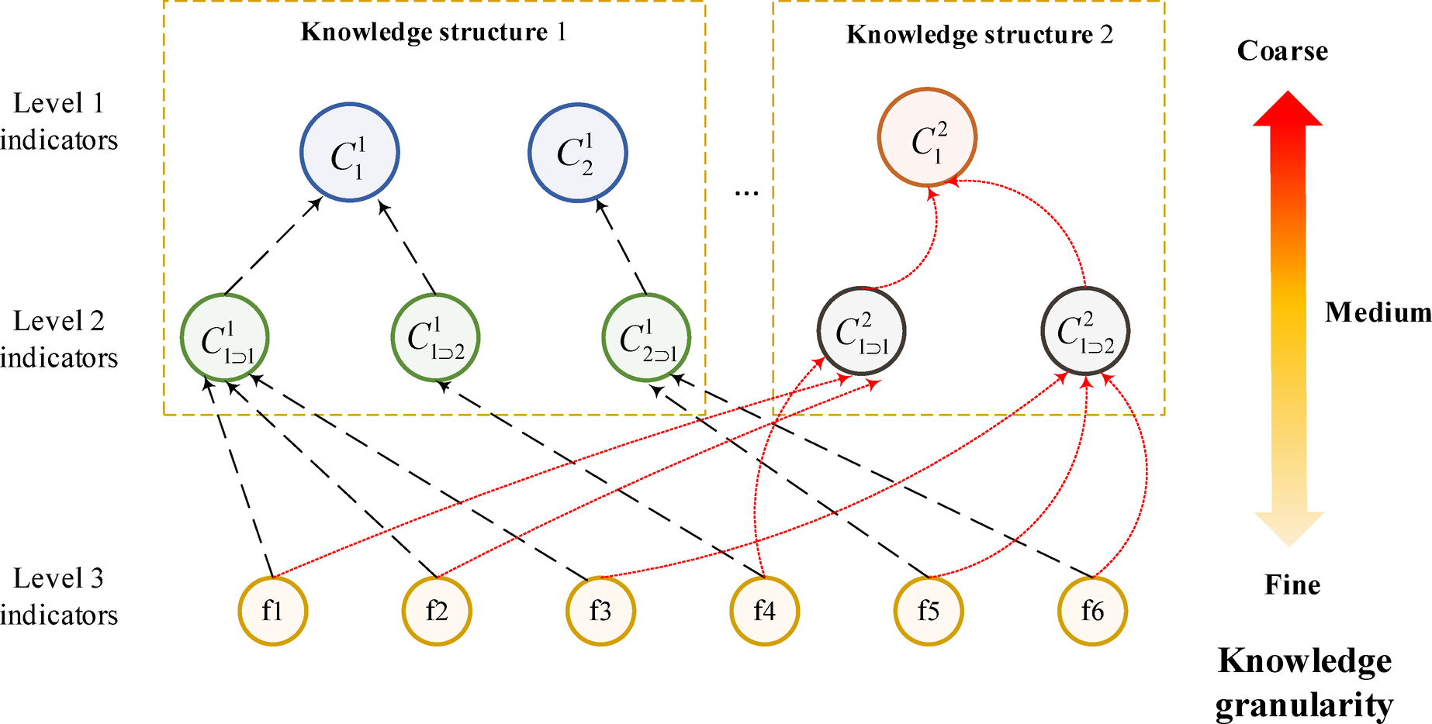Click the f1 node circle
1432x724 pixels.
coord(272,611)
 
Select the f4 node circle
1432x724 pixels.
coord(764,611)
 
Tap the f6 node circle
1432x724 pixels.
coord(1092,611)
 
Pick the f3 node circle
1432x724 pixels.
coord(600,611)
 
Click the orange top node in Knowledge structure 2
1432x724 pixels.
coord(927,137)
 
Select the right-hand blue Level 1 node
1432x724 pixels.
coord(577,153)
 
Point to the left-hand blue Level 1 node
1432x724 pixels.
coord(349,153)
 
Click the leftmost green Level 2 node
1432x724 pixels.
coord(225,338)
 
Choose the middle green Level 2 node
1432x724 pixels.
coord(435,338)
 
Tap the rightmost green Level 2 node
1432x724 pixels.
coord(646,338)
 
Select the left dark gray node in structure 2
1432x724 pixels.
coord(861,332)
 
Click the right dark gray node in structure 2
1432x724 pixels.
coord(1084,332)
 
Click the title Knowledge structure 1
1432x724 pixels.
coord(434,32)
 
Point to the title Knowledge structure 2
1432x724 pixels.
coord(979,35)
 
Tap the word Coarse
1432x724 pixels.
coord(1282,51)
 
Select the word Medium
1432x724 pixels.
coord(1378,312)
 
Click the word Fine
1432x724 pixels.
coord(1292,584)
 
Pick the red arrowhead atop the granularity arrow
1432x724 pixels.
coord(1288,109)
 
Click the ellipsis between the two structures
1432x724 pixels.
coord(746,192)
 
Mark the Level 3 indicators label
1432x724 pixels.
coord(59,596)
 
